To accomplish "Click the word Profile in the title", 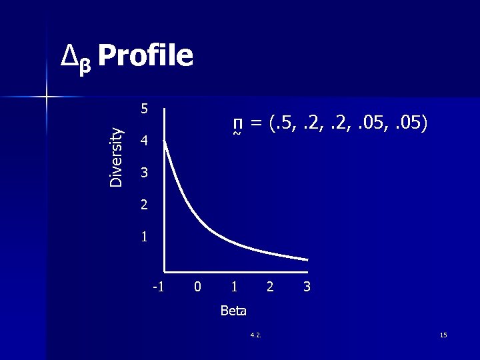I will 145,56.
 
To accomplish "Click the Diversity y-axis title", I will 116,156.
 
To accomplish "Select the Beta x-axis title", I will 233,311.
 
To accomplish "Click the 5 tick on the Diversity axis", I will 145,109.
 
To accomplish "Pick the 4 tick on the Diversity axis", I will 145,141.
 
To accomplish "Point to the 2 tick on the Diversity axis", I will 145,205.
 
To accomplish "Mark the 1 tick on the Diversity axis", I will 145,237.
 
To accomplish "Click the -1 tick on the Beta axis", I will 157,287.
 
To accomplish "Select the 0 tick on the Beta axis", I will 197,287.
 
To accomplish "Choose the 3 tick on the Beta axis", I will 307,287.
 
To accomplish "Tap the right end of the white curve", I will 307,259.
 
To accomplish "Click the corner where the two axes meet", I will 164,272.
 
